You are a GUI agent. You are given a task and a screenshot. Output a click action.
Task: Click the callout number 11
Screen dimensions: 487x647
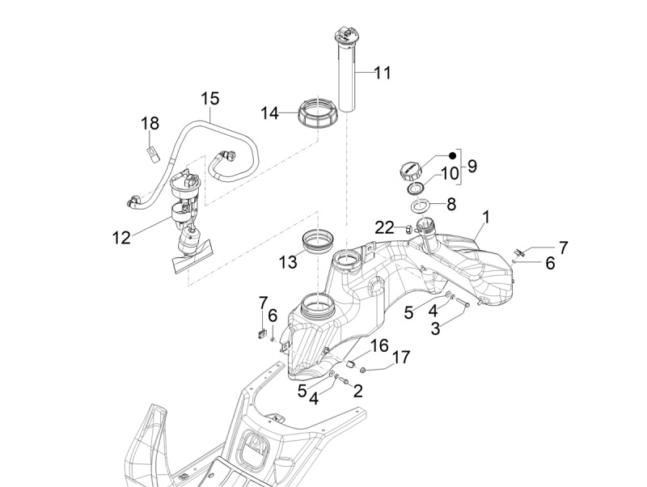[382, 73]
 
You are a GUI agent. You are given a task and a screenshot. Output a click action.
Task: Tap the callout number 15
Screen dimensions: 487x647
[209, 99]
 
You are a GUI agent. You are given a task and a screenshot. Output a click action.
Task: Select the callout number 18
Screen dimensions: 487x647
[150, 123]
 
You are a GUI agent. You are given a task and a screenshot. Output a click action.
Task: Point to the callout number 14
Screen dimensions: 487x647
[269, 114]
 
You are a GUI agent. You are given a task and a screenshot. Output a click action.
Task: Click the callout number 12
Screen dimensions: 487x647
[121, 237]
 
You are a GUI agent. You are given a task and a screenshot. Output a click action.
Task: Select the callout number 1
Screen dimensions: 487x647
[487, 217]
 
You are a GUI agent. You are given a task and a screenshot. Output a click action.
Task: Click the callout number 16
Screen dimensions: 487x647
[379, 346]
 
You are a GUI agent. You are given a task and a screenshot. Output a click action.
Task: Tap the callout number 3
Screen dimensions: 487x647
[435, 329]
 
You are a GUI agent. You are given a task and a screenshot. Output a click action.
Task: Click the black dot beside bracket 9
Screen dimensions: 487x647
[453, 155]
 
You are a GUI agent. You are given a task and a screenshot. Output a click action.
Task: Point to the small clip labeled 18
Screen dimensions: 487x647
[151, 152]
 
